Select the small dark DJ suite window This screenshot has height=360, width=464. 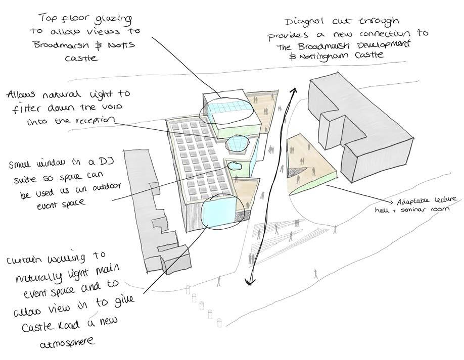click(x=234, y=165)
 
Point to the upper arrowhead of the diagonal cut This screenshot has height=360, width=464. click(x=293, y=90)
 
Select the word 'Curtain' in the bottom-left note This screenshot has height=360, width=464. click(x=26, y=261)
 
